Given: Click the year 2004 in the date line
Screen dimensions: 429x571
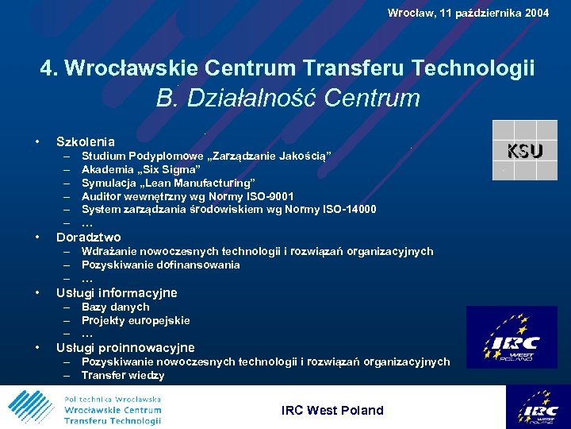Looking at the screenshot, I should [x=535, y=13].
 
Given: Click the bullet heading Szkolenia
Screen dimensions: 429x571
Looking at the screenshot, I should [x=86, y=141].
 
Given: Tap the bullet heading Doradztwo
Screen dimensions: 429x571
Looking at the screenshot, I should [x=89, y=237].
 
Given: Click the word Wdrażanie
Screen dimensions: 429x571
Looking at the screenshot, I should [x=109, y=251].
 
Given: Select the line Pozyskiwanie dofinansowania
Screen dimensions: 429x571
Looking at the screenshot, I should [x=160, y=265].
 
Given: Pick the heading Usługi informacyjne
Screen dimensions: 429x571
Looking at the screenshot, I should [x=117, y=292].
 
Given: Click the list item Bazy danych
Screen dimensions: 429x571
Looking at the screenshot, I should [x=115, y=307].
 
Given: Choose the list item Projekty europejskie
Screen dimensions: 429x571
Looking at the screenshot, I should [x=136, y=320].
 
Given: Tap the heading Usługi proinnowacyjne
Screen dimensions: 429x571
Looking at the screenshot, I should [x=125, y=347].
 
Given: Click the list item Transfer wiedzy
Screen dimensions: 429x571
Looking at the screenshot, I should [x=123, y=376].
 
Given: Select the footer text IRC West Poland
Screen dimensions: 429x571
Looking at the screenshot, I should [x=332, y=410].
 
